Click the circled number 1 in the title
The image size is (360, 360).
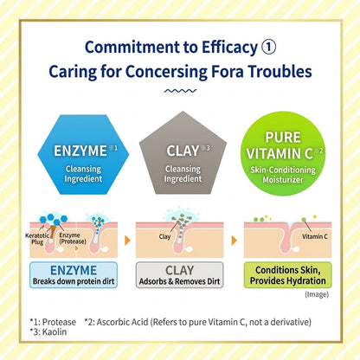pos(268,47)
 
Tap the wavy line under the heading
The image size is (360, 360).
pos(180,91)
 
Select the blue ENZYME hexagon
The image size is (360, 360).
pos(83,154)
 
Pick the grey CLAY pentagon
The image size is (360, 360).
pos(183,154)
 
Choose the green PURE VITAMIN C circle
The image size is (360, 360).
pos(283,154)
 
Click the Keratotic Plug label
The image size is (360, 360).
pos(37,239)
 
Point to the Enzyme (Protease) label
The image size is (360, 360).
pos(73,238)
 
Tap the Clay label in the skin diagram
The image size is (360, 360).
pos(164,236)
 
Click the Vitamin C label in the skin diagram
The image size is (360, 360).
pos(315,236)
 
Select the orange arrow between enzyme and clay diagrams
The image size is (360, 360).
pos(127,241)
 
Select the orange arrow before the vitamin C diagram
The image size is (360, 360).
pos(235,241)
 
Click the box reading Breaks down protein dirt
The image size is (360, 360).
pos(74,275)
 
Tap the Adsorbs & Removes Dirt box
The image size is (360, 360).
pos(179,275)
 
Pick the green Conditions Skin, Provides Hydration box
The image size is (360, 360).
pos(288,275)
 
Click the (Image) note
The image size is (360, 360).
pos(317,294)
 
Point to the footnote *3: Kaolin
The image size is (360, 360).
pos(48,331)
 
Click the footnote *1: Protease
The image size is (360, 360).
pos(53,322)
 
